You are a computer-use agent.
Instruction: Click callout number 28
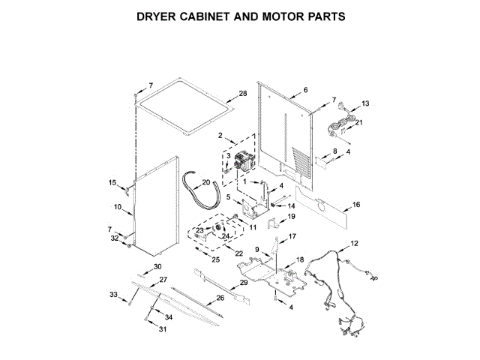click(x=242, y=94)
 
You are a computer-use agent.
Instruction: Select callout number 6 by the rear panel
click(x=305, y=90)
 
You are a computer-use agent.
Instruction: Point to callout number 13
click(x=365, y=103)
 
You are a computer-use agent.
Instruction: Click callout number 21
click(x=358, y=122)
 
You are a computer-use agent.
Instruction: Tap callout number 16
click(x=356, y=204)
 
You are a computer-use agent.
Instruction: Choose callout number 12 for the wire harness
click(x=355, y=243)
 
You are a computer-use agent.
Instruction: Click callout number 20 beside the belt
click(x=206, y=181)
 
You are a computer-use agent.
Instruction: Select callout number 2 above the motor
click(x=221, y=136)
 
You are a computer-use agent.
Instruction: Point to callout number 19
click(x=292, y=216)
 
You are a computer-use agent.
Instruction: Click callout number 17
click(x=292, y=236)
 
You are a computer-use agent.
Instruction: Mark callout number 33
click(x=113, y=295)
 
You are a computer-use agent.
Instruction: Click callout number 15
click(x=112, y=183)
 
